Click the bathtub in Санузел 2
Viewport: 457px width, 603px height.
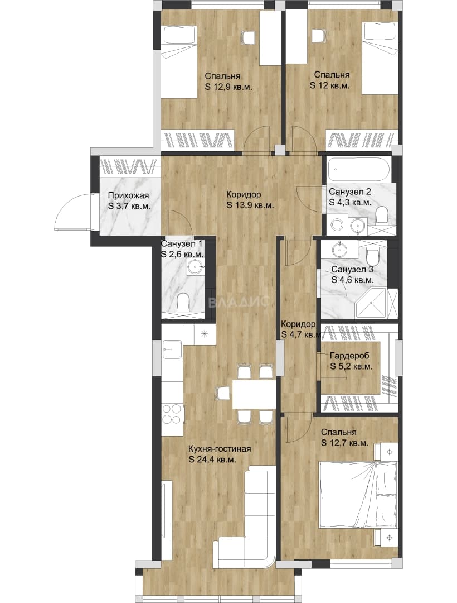pos(359,169)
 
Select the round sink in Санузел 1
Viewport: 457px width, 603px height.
pos(196,265)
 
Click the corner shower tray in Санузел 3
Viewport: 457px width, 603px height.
pos(371,303)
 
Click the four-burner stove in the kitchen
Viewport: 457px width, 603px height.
pos(172,414)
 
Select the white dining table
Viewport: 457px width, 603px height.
pos(254,394)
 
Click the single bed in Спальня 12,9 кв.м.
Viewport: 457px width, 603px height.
pos(179,61)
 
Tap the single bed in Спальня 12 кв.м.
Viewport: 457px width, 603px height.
pos(380,59)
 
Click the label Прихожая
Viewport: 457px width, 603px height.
pos(128,196)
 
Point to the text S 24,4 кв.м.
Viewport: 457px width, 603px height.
pos(212,459)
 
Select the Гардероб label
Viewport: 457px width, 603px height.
pos(351,356)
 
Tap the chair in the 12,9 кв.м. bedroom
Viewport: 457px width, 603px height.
pos(248,38)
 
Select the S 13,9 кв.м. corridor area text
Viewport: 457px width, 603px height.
pos(250,205)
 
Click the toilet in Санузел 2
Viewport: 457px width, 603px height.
pos(382,216)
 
